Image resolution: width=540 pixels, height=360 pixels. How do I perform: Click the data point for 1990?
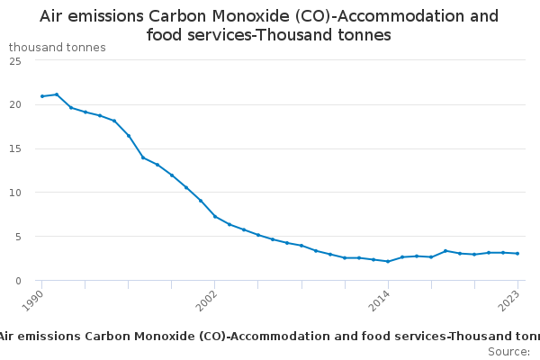(x=42, y=96)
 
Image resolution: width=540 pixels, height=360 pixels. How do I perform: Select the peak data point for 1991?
(x=57, y=94)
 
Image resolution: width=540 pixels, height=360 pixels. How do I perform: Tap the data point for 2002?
(x=215, y=216)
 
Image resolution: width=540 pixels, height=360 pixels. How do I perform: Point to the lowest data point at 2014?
(x=388, y=261)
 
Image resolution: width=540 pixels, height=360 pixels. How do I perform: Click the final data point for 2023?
(x=517, y=254)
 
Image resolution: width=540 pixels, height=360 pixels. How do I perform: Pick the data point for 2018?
(x=445, y=251)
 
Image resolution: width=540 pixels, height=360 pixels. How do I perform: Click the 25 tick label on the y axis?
(x=15, y=60)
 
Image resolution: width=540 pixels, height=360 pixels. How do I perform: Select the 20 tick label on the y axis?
(x=15, y=104)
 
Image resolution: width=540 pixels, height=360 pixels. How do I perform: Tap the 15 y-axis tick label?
(x=15, y=148)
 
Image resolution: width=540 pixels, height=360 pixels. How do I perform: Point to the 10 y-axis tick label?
(x=15, y=193)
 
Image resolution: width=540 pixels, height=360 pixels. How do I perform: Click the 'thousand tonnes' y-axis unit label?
(x=58, y=47)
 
